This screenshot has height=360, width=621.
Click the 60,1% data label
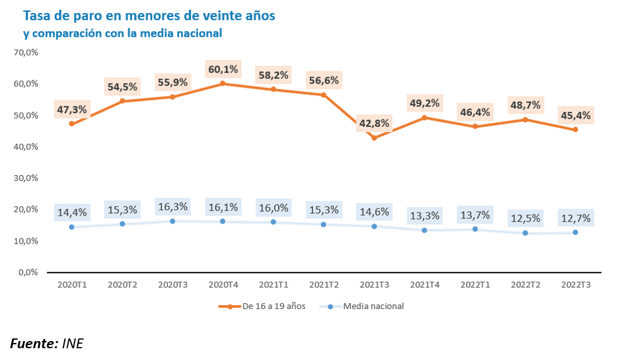[x=222, y=69]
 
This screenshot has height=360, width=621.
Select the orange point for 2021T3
[x=374, y=138]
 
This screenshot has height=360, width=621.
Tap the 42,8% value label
[x=374, y=124]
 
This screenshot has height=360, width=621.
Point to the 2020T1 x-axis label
[x=71, y=285]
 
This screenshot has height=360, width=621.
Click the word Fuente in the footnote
[x=33, y=343]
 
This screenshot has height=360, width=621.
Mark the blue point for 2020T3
[x=173, y=221]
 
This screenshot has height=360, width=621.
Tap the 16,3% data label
[x=173, y=206]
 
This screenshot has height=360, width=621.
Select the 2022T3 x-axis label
[x=575, y=285]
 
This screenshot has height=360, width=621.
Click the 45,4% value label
[x=575, y=116]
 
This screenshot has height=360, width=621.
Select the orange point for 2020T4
[x=222, y=84]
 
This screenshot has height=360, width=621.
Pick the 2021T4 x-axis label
[x=424, y=285]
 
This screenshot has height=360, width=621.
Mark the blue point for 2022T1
[x=475, y=229]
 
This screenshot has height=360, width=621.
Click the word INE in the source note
[x=73, y=343]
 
